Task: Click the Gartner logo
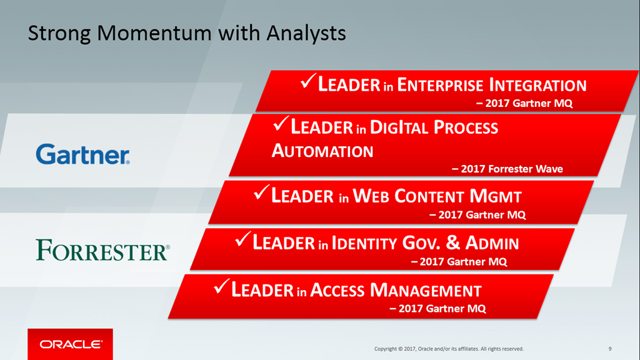[x=83, y=154]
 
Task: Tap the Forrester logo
[x=103, y=250]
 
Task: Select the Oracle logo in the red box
[x=70, y=344]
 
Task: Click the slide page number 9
[x=610, y=349]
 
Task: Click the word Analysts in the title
[x=306, y=33]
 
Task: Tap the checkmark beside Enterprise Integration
[x=308, y=81]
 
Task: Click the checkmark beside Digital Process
[x=281, y=123]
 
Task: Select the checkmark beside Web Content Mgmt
[x=262, y=192]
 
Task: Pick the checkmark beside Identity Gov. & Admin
[x=243, y=239]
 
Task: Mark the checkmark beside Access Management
[x=222, y=286]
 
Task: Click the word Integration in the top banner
[x=538, y=85]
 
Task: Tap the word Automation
[x=322, y=151]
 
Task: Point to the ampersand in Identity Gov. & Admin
[x=453, y=242]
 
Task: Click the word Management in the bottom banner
[x=426, y=290]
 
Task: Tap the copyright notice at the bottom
[x=449, y=349]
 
